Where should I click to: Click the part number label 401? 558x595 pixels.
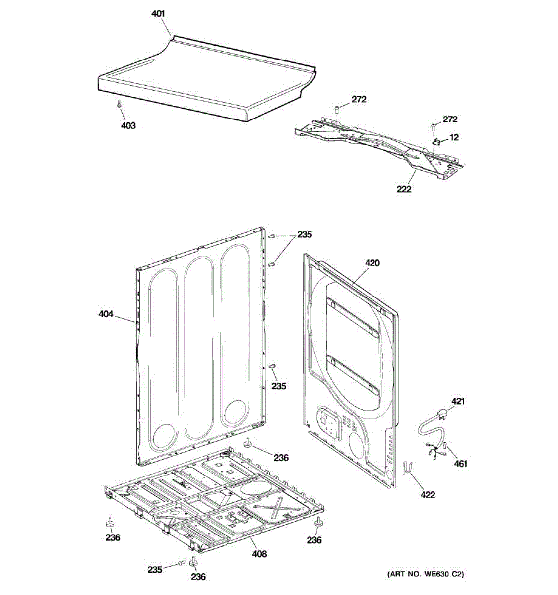click(158, 14)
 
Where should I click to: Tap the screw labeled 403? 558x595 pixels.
click(119, 103)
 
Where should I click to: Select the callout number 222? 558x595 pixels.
click(404, 189)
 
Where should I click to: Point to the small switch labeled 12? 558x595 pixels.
click(437, 142)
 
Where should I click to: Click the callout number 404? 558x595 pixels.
click(106, 314)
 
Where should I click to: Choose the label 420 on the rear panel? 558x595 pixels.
click(372, 263)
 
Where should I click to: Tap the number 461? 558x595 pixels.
click(460, 464)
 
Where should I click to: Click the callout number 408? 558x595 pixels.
click(259, 554)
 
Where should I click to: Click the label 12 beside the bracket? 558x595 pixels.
click(454, 137)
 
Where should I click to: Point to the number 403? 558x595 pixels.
click(128, 125)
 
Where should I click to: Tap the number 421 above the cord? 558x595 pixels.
click(458, 401)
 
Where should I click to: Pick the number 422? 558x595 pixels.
click(428, 494)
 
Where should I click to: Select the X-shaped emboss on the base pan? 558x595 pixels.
click(278, 508)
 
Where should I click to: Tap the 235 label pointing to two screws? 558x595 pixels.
click(305, 234)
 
